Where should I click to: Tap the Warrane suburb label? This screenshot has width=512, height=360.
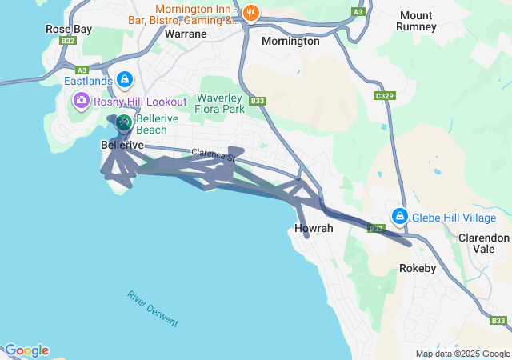pyautogui.click(x=185, y=34)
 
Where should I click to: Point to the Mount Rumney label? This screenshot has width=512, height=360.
pyautogui.click(x=417, y=21)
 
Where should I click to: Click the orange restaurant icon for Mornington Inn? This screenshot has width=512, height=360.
pyautogui.click(x=251, y=12)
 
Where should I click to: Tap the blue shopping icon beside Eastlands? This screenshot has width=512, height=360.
pyautogui.click(x=125, y=79)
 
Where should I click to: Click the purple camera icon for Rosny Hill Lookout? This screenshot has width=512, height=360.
pyautogui.click(x=81, y=102)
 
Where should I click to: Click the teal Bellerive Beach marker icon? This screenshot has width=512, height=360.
pyautogui.click(x=124, y=123)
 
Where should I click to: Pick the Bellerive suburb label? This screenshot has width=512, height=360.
pyautogui.click(x=122, y=146)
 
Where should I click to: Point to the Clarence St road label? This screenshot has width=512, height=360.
pyautogui.click(x=213, y=155)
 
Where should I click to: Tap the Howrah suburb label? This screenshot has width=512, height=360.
pyautogui.click(x=314, y=229)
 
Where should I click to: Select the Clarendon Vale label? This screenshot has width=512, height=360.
pyautogui.click(x=483, y=243)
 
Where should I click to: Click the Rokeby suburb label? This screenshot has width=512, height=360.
pyautogui.click(x=418, y=269)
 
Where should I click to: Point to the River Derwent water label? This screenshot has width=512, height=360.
pyautogui.click(x=153, y=308)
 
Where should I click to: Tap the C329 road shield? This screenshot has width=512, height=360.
pyautogui.click(x=386, y=96)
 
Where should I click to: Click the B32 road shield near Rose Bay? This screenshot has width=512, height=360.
pyautogui.click(x=68, y=41)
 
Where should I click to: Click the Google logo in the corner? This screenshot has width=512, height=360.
pyautogui.click(x=26, y=350)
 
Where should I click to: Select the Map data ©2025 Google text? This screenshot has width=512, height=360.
pyautogui.click(x=462, y=354)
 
